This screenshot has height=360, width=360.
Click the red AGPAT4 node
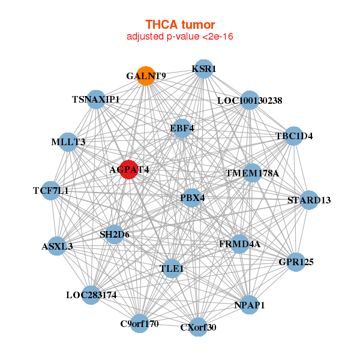click(x=129, y=169)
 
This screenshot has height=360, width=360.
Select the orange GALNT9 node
click(x=146, y=76)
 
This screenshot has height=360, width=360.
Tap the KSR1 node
click(x=203, y=69)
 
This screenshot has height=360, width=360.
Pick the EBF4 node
click(x=182, y=128)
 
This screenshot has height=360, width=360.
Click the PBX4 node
click(x=192, y=197)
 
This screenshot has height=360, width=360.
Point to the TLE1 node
click(x=172, y=268)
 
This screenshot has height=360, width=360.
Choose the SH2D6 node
click(x=115, y=235)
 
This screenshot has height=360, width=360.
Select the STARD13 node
click(x=309, y=200)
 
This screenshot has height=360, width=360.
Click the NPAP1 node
click(x=250, y=305)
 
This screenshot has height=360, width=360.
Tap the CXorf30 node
click(x=198, y=327)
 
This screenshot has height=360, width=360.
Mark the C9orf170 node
click(x=140, y=323)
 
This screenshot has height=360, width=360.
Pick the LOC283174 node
click(x=91, y=295)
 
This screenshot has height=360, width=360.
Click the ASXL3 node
click(x=57, y=246)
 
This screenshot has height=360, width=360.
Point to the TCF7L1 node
click(x=51, y=191)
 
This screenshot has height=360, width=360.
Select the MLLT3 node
click(x=68, y=142)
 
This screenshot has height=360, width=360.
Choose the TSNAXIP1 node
click(x=96, y=100)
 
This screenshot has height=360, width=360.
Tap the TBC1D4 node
click(x=293, y=136)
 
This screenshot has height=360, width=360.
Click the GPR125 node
click(x=296, y=262)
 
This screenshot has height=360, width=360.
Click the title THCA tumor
click(x=180, y=25)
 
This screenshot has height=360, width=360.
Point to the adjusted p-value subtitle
click(x=180, y=37)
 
